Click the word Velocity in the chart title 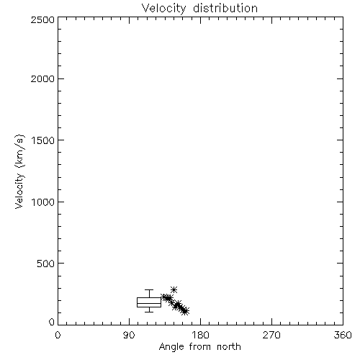164,9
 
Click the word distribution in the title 225,8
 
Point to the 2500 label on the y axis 42,19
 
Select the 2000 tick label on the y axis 42,78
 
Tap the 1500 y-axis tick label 43,140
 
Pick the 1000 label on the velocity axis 43,202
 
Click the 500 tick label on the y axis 46,264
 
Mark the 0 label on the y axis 52,322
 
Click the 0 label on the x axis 58,335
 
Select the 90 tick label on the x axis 129,335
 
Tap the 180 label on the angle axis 200,335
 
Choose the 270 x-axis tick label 271,335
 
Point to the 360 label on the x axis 343,335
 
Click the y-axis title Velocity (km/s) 19,171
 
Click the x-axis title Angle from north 200,347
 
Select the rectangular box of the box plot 149,298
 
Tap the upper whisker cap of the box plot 149,290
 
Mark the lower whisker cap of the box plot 149,312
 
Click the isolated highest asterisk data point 174,289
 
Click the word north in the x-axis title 229,347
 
